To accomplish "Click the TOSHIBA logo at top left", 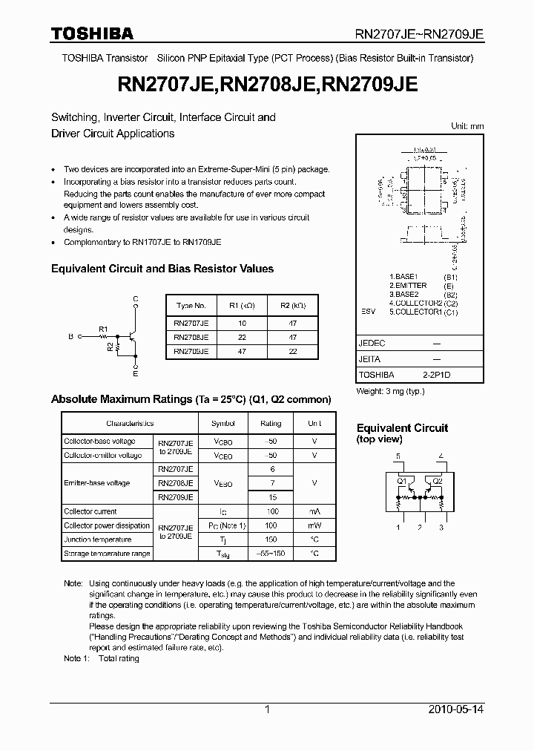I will pos(92,33).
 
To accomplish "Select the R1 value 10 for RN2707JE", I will pos(241,324).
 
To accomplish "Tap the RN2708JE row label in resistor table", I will pos(191,338).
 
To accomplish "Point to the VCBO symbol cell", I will pos(223,442).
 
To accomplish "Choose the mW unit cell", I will pos(314,525).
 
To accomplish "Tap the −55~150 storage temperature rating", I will pos(271,554).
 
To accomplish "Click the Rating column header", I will pos(271,423).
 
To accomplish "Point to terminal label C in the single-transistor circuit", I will pos(136,299).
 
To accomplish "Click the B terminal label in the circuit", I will pos(71,336).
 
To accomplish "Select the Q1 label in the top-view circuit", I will pos(402,480).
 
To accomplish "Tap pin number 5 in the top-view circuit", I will pos(398,456).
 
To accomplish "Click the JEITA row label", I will pos(369,359).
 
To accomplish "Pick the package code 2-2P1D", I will pos(436,375).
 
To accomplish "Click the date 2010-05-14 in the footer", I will pos(455,709).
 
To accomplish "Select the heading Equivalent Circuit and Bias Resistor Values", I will pos(162,269).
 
